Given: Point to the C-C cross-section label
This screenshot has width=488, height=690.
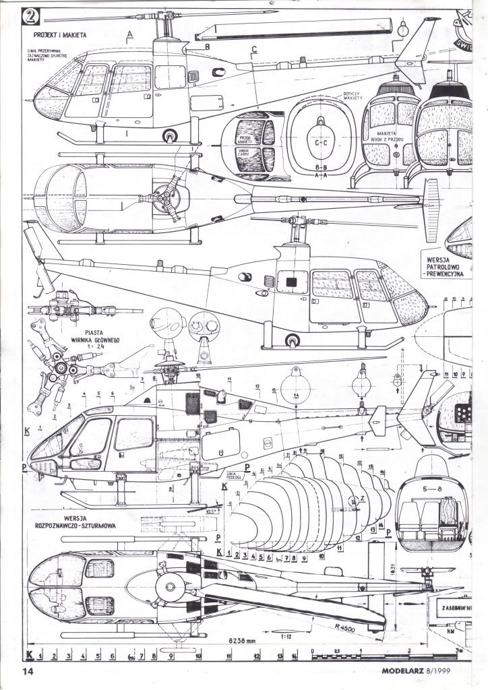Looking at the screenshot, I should (322, 143).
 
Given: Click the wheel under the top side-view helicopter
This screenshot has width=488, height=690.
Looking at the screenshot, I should (167, 137).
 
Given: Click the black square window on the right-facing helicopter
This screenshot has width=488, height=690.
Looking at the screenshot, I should (292, 282).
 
